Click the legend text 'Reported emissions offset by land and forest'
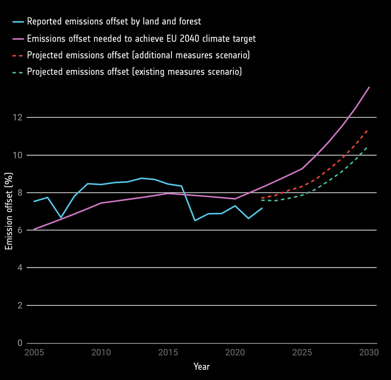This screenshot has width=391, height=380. pyautogui.click(x=114, y=21)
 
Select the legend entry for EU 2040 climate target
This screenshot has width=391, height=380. pyautogui.click(x=141, y=39)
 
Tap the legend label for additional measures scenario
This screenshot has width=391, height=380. pyautogui.click(x=138, y=55)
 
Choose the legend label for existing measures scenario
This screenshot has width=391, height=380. pyautogui.click(x=134, y=72)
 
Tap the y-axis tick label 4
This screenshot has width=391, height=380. pyautogui.click(x=20, y=268)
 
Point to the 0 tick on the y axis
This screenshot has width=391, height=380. pyautogui.click(x=20, y=343)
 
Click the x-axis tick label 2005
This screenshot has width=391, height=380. pyautogui.click(x=34, y=352)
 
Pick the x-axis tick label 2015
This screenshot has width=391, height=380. pyautogui.click(x=168, y=352)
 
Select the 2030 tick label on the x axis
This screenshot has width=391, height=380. pyautogui.click(x=369, y=352)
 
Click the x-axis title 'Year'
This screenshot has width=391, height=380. pyautogui.click(x=202, y=367)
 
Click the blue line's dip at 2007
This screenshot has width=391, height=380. pyautogui.click(x=61, y=218)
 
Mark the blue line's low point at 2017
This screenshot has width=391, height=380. pyautogui.click(x=195, y=221)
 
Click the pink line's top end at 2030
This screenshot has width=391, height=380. pyautogui.click(x=369, y=87)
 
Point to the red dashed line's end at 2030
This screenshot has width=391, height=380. pyautogui.click(x=368, y=129)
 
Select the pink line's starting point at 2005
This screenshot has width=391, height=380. pyautogui.click(x=34, y=230)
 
